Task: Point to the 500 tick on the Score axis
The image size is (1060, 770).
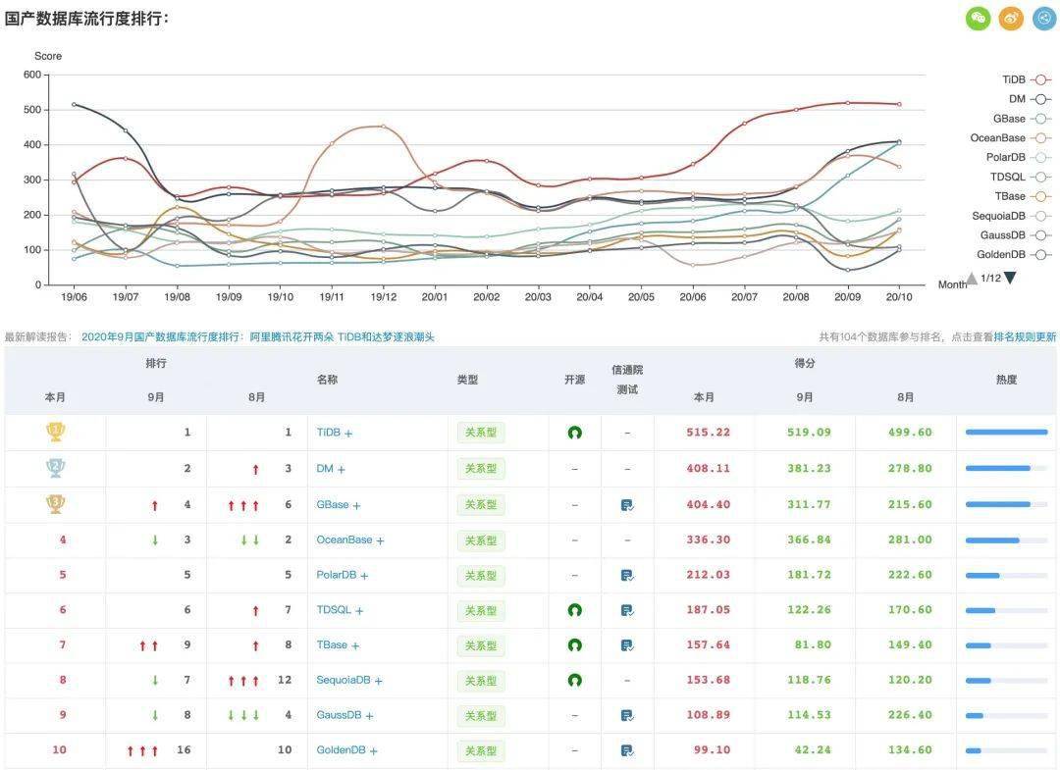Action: [x=31, y=110]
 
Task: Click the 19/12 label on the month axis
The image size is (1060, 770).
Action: [x=383, y=296]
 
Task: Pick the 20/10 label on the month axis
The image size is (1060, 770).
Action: [x=898, y=296]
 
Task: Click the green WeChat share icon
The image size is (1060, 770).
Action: [x=979, y=18]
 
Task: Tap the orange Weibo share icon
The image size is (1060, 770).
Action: [x=1011, y=18]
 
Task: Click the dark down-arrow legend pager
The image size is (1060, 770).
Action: [x=1010, y=278]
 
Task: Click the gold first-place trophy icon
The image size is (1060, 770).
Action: [x=56, y=432]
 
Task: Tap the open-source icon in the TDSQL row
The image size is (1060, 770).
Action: [x=575, y=610]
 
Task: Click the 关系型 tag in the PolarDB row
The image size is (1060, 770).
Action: [x=481, y=576]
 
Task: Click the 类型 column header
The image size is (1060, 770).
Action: [x=467, y=380]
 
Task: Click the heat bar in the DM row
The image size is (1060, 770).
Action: [x=1006, y=469]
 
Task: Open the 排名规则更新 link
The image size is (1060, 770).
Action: [x=1025, y=336]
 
